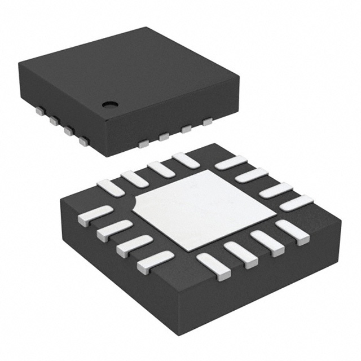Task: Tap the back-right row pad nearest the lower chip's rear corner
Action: [231, 162]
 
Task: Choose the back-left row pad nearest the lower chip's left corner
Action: [111, 187]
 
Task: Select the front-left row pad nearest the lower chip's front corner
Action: [155, 259]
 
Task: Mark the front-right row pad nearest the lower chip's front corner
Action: [214, 266]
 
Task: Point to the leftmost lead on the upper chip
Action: [39, 112]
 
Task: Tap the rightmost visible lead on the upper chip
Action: [207, 121]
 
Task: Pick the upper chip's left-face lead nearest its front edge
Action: [84, 141]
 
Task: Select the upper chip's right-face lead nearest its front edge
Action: [143, 144]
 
